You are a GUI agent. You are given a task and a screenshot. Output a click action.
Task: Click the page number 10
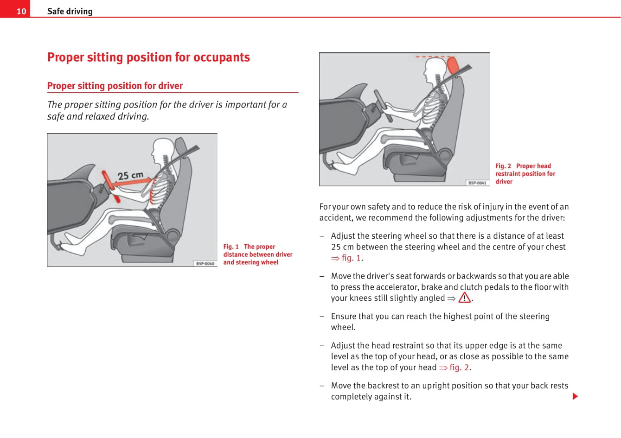tap(21, 11)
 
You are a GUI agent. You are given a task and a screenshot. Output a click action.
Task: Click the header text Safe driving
tap(70, 11)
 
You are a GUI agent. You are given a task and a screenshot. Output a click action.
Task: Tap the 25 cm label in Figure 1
tap(130, 175)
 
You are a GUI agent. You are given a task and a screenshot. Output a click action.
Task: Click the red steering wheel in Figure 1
tap(111, 186)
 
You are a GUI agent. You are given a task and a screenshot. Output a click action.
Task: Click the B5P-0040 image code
tap(205, 263)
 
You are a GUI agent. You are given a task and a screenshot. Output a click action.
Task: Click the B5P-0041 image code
tap(477, 183)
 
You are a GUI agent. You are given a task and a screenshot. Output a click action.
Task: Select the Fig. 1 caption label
tap(231, 247)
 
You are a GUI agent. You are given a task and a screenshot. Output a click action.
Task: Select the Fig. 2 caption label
tap(503, 166)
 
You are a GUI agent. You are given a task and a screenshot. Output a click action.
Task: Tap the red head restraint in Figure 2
tap(453, 65)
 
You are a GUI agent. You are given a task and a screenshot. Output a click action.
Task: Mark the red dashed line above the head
tap(433, 57)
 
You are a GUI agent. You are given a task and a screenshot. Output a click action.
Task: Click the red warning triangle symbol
tap(464, 298)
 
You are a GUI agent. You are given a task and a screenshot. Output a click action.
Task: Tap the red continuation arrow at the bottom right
tap(575, 396)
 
